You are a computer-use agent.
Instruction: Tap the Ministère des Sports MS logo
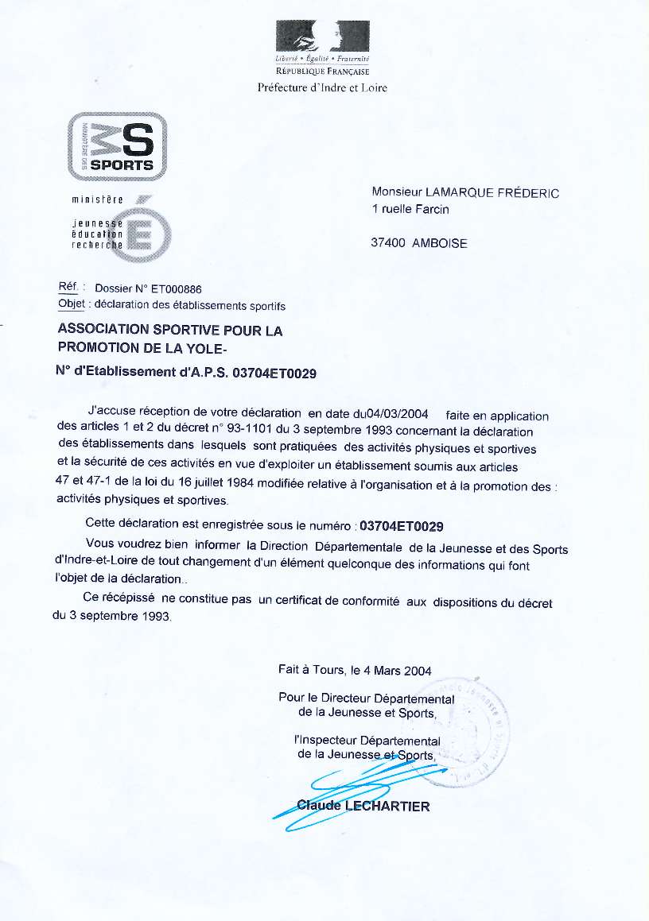pos(118,145)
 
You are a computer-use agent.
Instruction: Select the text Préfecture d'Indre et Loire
pos(322,88)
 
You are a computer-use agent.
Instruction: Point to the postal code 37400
pos(388,243)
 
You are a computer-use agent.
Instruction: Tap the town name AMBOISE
pos(440,243)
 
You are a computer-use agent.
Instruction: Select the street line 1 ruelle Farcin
pos(410,209)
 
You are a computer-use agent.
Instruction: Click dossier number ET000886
pos(177,289)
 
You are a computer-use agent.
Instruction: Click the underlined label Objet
pos(71,304)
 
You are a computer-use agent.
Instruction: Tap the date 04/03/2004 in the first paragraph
pos(396,414)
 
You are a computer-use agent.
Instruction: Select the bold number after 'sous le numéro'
pos(402,526)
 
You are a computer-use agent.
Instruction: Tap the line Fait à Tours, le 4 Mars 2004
pos(355,670)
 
